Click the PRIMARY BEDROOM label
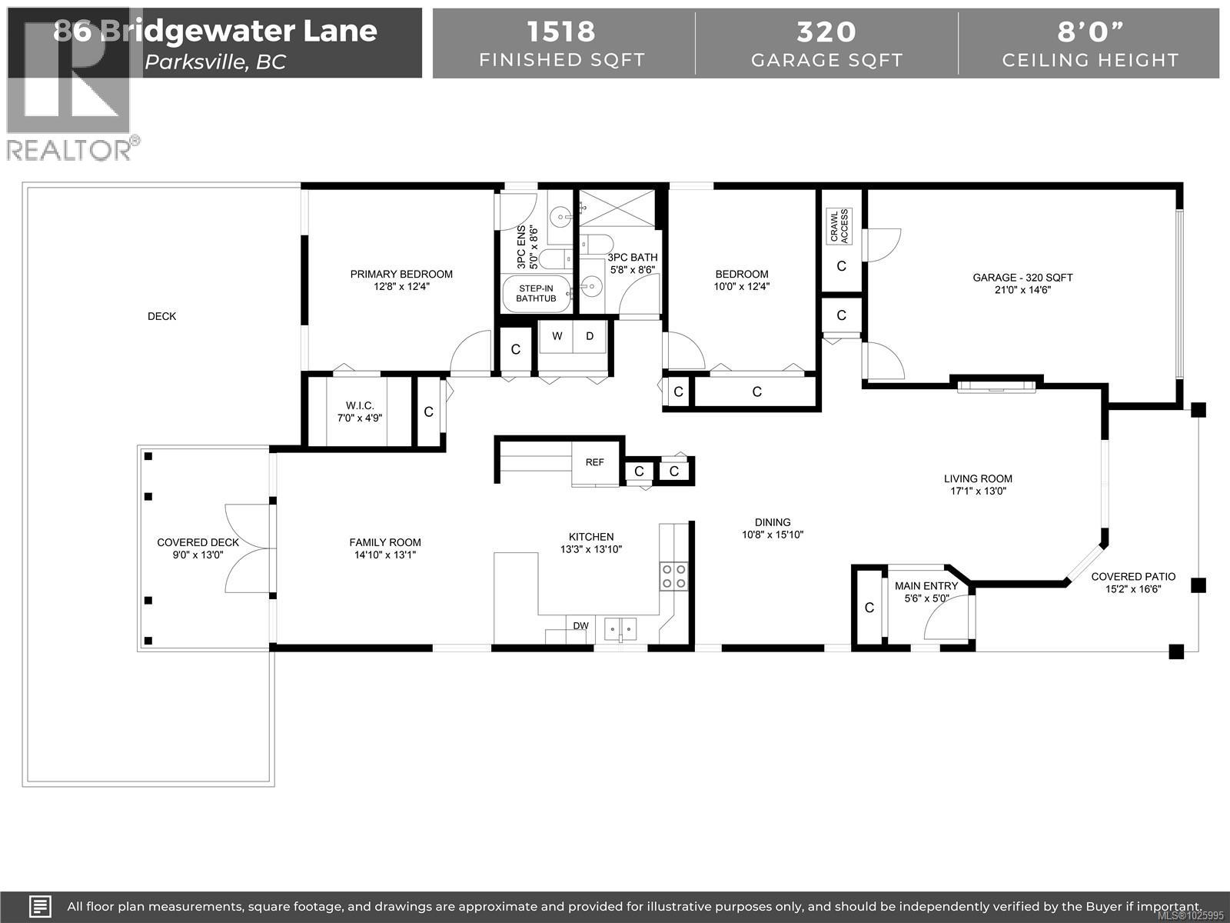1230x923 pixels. [401, 274]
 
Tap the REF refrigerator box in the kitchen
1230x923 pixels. [594, 462]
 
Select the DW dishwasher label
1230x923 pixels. [580, 625]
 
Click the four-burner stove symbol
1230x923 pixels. [674, 576]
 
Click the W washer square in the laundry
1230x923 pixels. [557, 336]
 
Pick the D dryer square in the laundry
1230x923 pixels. [590, 336]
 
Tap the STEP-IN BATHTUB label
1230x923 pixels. [536, 293]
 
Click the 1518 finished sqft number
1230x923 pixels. [561, 32]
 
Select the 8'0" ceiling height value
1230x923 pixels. [1089, 32]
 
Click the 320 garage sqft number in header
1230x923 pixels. [826, 32]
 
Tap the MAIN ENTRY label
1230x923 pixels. [926, 586]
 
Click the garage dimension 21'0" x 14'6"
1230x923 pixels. [1022, 290]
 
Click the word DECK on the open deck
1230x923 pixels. [161, 316]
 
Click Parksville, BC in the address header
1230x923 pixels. [215, 62]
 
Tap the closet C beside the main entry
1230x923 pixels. [869, 608]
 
